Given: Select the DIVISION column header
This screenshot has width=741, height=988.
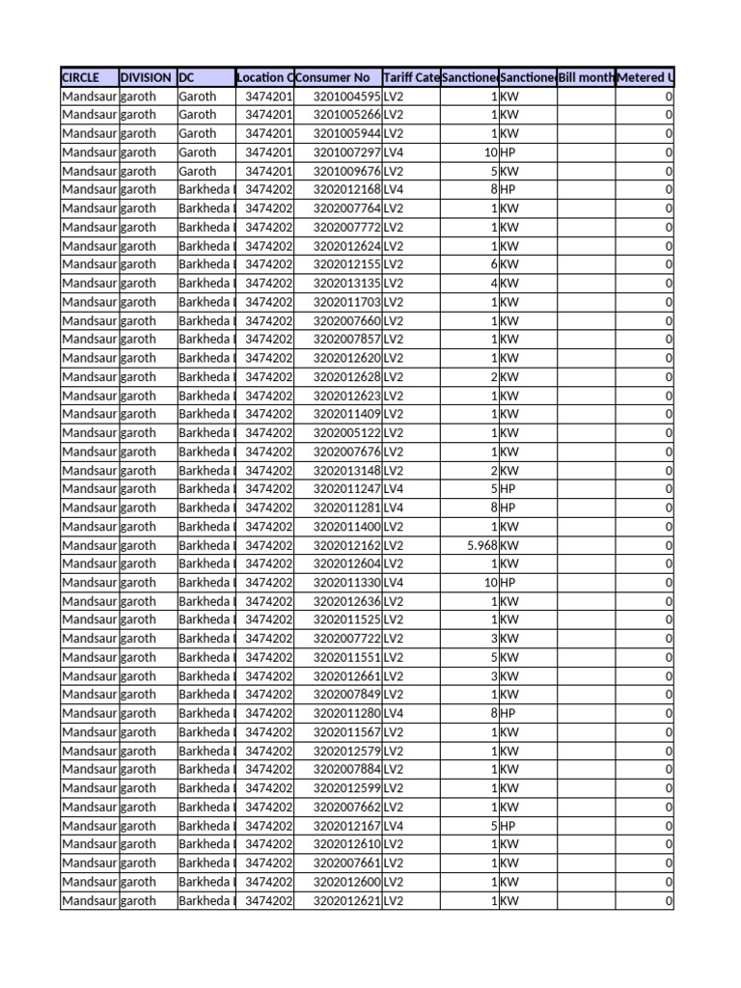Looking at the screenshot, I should pyautogui.click(x=147, y=77).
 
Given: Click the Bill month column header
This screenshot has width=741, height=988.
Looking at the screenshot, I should pyautogui.click(x=586, y=77).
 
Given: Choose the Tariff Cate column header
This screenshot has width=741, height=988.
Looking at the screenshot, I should pyautogui.click(x=411, y=77).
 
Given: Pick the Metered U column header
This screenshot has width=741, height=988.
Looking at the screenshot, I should pyautogui.click(x=645, y=77).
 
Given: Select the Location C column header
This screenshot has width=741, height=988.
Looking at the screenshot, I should pyautogui.click(x=264, y=77).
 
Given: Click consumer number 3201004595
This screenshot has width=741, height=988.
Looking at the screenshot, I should pyautogui.click(x=347, y=96).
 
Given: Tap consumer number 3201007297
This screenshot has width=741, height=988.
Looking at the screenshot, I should pyautogui.click(x=347, y=152).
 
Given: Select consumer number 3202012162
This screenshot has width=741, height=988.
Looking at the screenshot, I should pyautogui.click(x=347, y=545).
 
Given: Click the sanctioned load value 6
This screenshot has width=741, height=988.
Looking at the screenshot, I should pyautogui.click(x=493, y=264).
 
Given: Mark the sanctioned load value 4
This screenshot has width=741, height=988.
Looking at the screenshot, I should pyautogui.click(x=493, y=284).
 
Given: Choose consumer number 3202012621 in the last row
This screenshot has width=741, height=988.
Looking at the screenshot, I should pyautogui.click(x=347, y=901).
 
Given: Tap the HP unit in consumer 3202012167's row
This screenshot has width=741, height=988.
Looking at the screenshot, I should pyautogui.click(x=508, y=826).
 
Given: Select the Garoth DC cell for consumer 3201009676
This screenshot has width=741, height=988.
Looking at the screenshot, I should pyautogui.click(x=198, y=171).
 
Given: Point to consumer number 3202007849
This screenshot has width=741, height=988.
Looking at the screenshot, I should pyautogui.click(x=347, y=695).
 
